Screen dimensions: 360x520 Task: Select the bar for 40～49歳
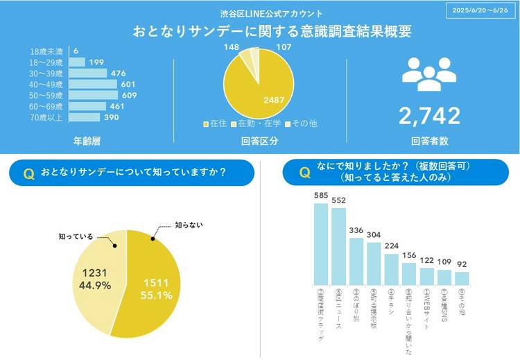click(94, 84)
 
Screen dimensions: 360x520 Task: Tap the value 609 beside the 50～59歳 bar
click(130, 95)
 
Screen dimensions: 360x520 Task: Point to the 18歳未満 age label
click(46, 51)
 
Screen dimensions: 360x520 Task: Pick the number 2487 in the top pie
click(273, 100)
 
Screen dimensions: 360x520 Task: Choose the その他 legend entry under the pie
click(302, 123)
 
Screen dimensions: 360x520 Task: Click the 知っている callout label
click(75, 237)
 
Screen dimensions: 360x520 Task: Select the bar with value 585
click(320, 243)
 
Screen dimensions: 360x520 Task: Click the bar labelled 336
click(356, 261)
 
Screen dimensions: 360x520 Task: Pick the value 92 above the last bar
click(462, 264)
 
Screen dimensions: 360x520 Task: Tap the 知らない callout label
click(189, 225)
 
